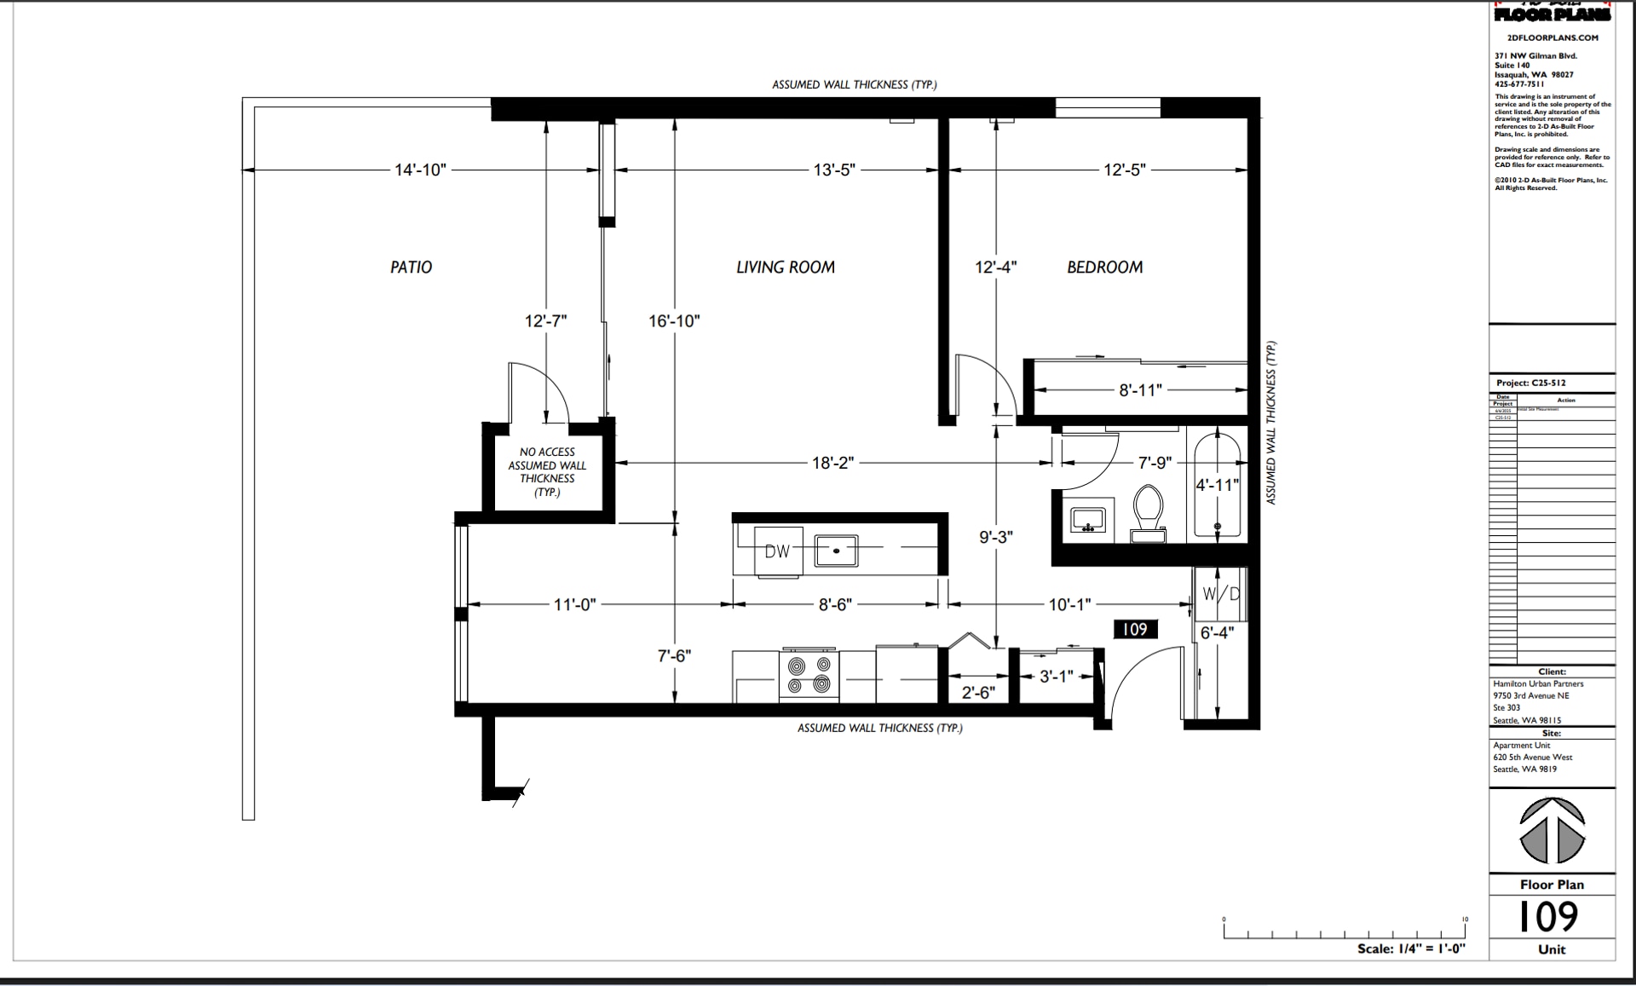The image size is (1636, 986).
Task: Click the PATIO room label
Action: coord(411,267)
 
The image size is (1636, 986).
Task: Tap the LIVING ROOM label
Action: coord(785,267)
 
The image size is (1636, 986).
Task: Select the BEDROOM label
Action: coord(1104,267)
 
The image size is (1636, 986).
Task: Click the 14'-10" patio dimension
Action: coord(419,170)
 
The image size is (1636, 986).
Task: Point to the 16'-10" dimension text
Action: coord(673,321)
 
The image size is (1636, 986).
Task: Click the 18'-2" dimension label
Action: coord(832,463)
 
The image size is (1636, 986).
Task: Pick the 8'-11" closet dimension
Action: coord(1139,390)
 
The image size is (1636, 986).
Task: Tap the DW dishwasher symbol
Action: coord(777,551)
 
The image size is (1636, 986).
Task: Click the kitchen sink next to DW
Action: coord(836,551)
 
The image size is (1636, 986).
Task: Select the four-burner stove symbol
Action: coord(809,675)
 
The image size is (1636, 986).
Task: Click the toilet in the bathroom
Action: coord(1148,512)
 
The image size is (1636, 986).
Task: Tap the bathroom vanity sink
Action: coord(1087,520)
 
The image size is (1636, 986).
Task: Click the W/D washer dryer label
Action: coord(1220,593)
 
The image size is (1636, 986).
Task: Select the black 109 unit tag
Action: coord(1135,629)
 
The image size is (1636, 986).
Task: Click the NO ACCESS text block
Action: coord(547,471)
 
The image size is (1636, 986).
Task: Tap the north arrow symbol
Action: coord(1552,831)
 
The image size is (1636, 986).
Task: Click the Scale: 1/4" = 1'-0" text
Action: coord(1410,949)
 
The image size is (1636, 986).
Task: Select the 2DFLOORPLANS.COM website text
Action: coord(1552,37)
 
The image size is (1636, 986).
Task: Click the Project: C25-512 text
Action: coord(1531,383)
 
